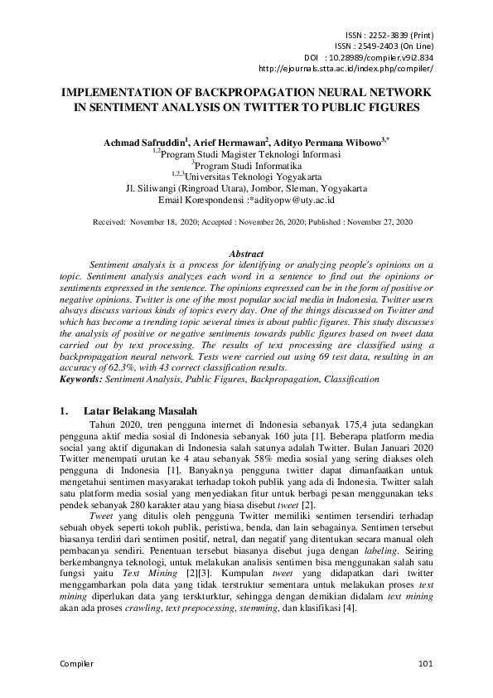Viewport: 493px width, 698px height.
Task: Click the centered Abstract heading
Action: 246,254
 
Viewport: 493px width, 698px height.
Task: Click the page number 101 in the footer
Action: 426,664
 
